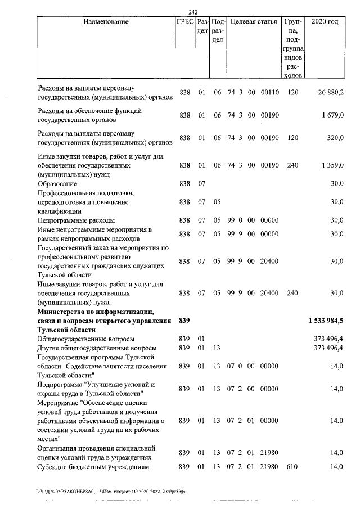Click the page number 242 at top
tap(195, 12)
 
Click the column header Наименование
tap(105, 22)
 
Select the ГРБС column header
tap(185, 22)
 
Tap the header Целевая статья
tap(254, 22)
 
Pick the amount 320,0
tap(336, 138)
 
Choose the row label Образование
tap(58, 184)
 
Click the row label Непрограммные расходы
tap(76, 220)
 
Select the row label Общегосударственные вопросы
tap(85, 339)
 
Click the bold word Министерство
tap(64, 311)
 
